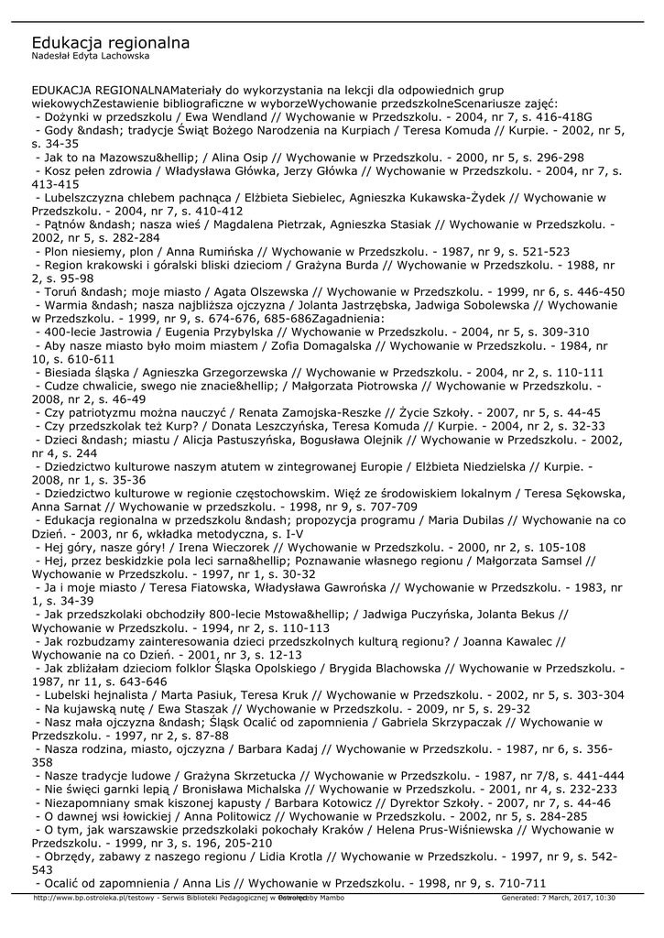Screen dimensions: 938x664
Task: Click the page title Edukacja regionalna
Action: pos(110,43)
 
